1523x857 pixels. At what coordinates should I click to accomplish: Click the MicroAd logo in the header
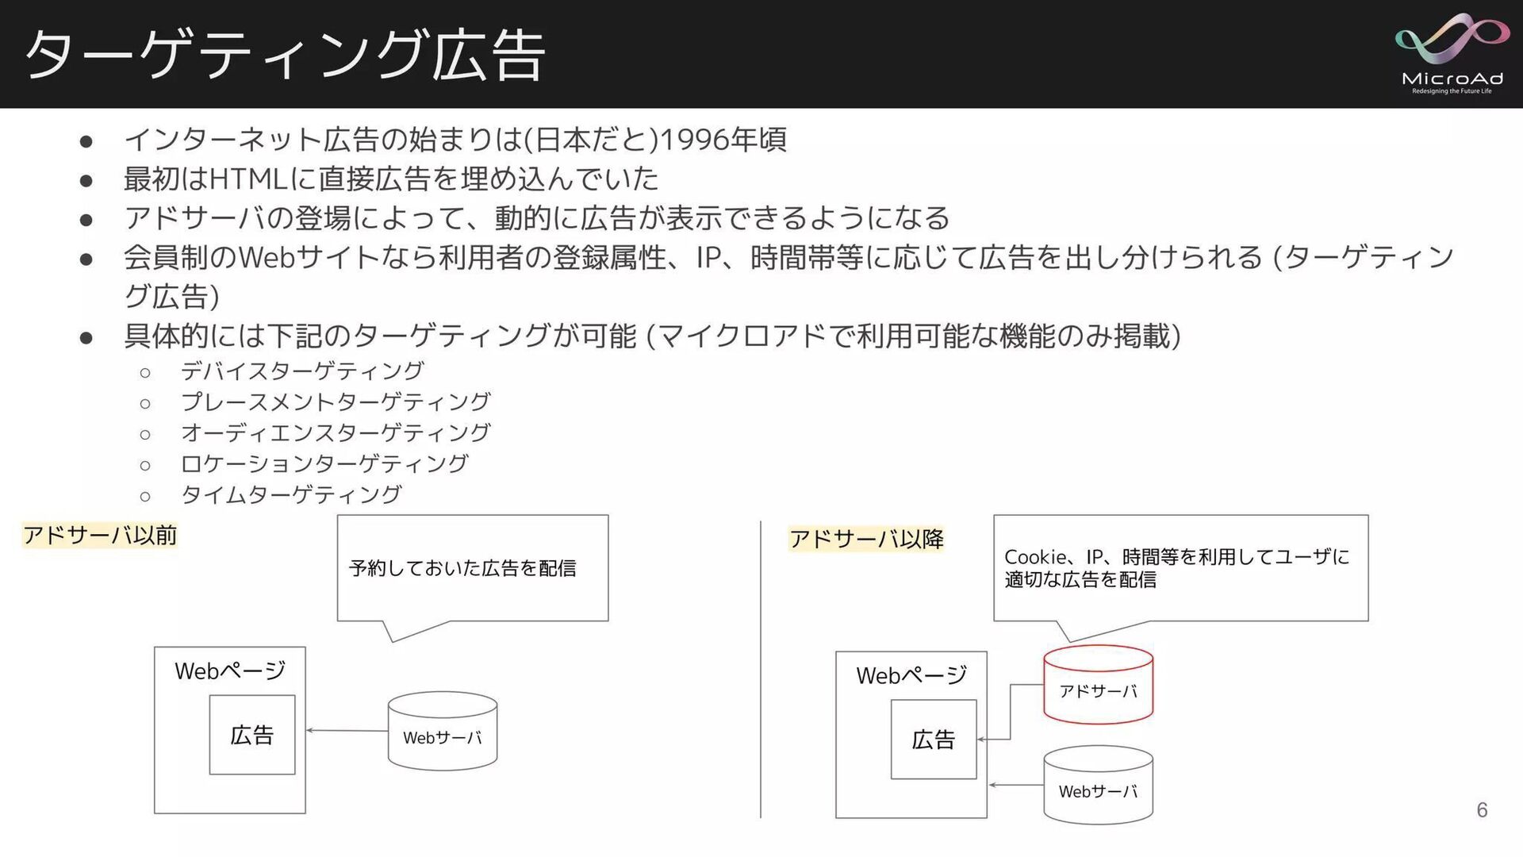(1452, 54)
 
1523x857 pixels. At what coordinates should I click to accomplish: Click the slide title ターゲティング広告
(285, 56)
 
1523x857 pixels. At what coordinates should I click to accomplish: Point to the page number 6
(1481, 809)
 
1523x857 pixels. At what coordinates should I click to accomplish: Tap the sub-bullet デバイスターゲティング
(302, 371)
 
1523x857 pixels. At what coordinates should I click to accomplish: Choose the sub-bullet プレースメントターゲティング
(336, 402)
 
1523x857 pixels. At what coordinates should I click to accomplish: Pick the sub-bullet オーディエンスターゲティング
(336, 432)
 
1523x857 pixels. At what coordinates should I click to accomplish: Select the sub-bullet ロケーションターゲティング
(324, 463)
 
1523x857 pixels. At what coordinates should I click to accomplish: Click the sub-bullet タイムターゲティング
(291, 494)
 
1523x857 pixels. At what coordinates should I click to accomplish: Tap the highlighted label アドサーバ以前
(100, 536)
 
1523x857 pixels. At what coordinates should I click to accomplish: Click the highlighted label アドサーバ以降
(866, 540)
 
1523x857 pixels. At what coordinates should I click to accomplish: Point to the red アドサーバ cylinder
(1098, 685)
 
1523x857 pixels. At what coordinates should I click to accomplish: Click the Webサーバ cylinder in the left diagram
(442, 732)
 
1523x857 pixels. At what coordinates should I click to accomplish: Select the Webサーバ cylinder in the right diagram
(1098, 786)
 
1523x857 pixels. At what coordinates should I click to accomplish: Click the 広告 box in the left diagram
(252, 735)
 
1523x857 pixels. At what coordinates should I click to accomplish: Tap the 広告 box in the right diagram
(934, 740)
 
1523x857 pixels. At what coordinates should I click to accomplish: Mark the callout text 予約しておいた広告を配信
(462, 568)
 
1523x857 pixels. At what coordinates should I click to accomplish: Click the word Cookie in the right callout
(1034, 557)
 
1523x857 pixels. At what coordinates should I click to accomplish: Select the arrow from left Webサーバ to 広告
(347, 730)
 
